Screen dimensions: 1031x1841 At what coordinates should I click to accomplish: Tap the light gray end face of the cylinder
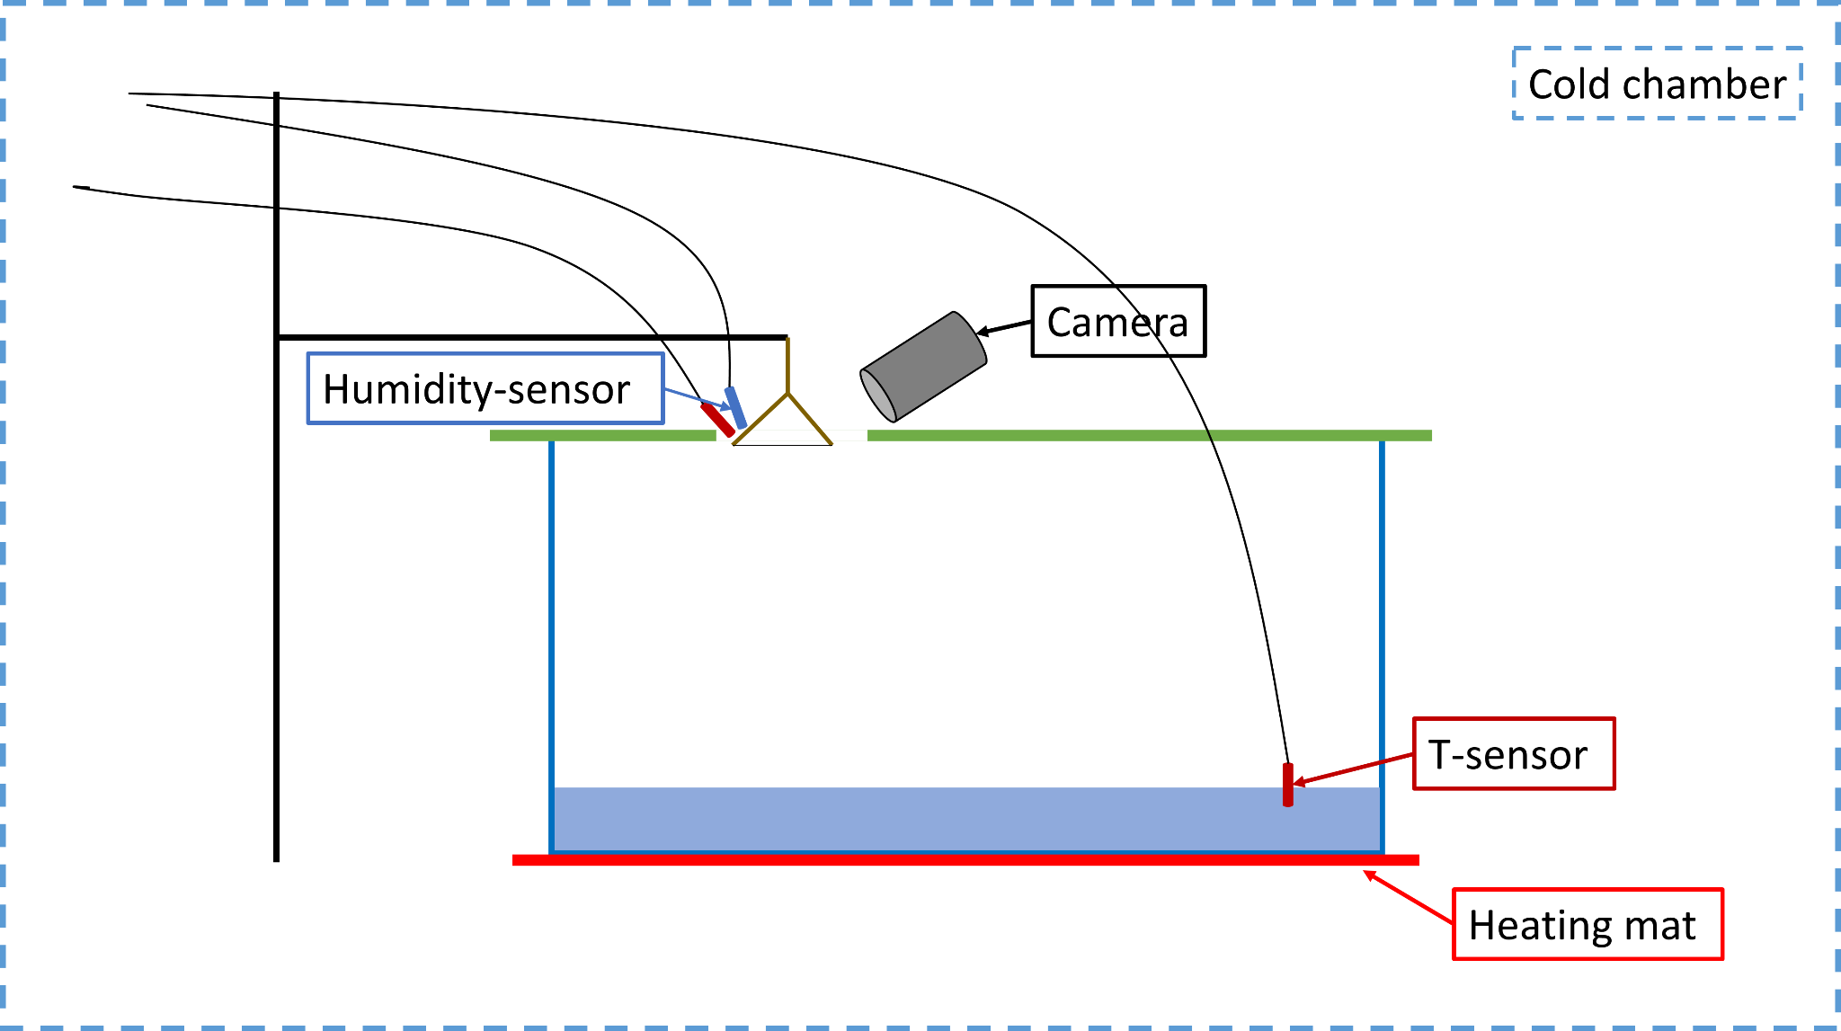tap(878, 396)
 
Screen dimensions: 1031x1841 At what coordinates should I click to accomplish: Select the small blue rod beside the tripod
tap(736, 407)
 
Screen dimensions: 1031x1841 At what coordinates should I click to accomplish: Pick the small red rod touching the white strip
tap(717, 420)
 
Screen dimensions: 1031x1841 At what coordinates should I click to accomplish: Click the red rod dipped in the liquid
tap(1288, 785)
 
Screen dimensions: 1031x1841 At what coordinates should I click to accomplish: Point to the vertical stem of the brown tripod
tap(788, 365)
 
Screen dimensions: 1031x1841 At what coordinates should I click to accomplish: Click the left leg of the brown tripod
tap(760, 419)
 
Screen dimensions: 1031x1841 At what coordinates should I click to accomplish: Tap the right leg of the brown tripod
tap(810, 420)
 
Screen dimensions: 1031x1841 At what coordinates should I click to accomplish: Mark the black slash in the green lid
tap(1209, 436)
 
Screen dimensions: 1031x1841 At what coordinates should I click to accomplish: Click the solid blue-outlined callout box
tap(485, 388)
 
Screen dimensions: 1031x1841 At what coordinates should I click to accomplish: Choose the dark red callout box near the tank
tap(1515, 753)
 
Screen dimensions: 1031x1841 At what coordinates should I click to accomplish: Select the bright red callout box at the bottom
tap(1588, 924)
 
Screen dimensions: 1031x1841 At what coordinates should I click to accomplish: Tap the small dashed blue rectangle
tap(1658, 83)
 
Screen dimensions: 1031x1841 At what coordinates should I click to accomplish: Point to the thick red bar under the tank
tap(966, 860)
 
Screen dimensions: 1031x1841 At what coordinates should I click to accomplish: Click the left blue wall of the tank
tap(552, 629)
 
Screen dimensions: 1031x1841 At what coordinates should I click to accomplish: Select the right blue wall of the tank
tap(1383, 629)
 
